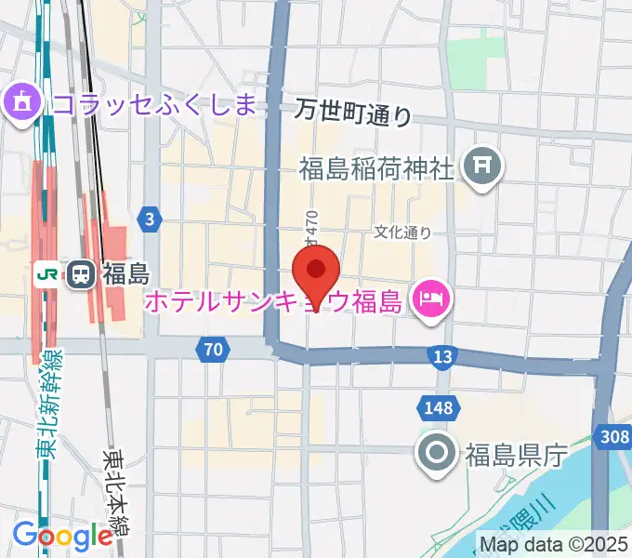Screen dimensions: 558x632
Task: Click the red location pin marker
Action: tap(316, 272)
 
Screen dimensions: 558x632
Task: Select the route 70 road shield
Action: tap(213, 350)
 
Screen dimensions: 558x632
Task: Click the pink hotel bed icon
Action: tap(432, 300)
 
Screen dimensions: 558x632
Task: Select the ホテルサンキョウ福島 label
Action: tap(272, 302)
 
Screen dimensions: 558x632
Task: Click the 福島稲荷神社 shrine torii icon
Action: tap(482, 166)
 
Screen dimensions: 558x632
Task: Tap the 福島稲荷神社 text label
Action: tap(376, 168)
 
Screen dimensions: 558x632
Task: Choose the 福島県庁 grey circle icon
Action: tap(437, 454)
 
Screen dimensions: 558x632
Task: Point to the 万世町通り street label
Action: tap(353, 112)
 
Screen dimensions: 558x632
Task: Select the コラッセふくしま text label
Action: tap(153, 102)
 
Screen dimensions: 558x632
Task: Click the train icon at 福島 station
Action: tap(81, 273)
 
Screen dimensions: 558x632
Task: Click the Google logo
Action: tap(62, 535)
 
